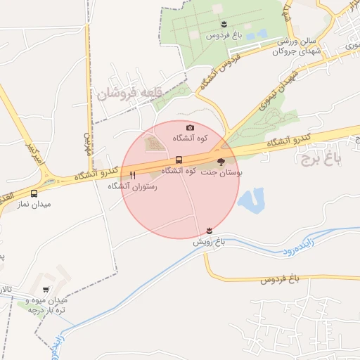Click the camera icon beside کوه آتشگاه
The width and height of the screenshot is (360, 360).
click(190, 127)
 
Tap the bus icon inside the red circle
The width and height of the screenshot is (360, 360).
click(178, 160)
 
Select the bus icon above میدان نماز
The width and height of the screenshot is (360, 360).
click(34, 193)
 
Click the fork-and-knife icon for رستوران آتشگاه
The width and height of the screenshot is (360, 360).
click(133, 175)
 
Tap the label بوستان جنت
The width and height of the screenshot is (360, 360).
click(221, 172)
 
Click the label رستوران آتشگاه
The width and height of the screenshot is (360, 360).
click(132, 186)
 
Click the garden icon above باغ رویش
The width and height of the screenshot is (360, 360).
click(209, 231)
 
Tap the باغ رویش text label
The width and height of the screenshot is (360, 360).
click(209, 241)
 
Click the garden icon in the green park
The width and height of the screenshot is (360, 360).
click(223, 25)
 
